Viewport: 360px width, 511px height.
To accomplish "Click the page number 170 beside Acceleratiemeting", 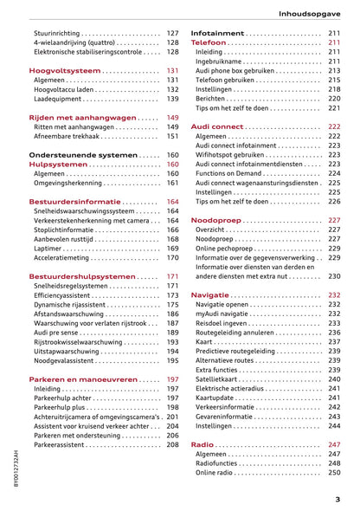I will pos(172,258).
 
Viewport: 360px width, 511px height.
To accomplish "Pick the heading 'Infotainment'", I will pos(218,33).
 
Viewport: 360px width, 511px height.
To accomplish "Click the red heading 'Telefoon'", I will pos(209,42).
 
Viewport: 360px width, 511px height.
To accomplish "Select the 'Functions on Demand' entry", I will pos(235,173).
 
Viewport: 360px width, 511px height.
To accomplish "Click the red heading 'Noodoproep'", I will pos(215,220).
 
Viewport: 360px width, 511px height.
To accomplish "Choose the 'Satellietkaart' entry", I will pos(221,379).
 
